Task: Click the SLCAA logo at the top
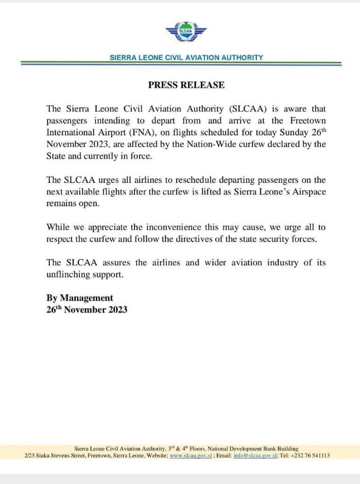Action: (x=186, y=33)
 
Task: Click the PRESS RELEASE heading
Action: (x=186, y=85)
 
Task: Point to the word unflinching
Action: (x=68, y=275)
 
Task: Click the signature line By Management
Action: (x=80, y=298)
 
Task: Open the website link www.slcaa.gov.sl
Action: (x=191, y=456)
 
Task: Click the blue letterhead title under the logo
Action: (x=186, y=57)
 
